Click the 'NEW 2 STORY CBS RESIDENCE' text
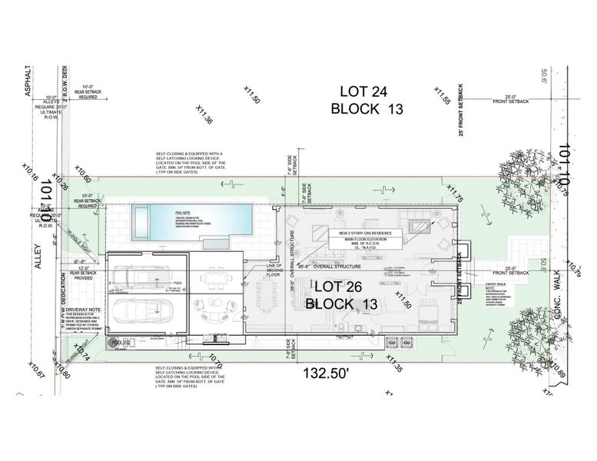click(365, 231)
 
